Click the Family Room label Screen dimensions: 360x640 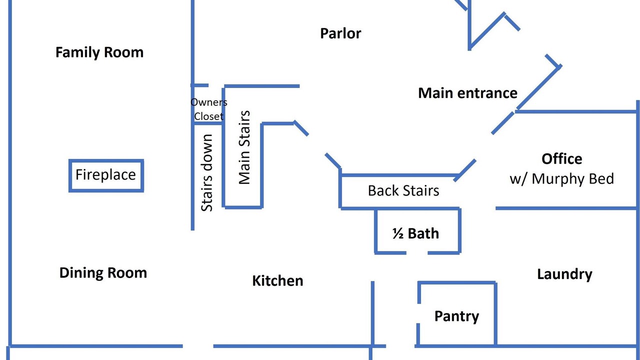[99, 52]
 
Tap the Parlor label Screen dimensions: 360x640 [340, 33]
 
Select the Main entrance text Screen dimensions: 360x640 [467, 93]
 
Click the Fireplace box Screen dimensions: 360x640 [106, 175]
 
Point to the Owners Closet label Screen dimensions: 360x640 [208, 109]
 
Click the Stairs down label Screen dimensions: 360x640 [207, 172]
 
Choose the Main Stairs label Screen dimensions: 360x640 [244, 147]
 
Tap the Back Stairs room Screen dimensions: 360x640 [403, 190]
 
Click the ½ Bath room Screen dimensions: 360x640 [415, 233]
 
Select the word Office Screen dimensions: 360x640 [562, 159]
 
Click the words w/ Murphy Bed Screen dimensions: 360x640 [562, 179]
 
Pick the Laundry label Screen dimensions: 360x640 [564, 274]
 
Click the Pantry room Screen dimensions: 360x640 [456, 316]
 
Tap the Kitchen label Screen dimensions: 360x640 [277, 280]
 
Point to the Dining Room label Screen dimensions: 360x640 [103, 273]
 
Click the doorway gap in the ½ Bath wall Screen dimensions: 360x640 [417, 253]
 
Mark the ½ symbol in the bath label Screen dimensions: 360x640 [398, 233]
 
